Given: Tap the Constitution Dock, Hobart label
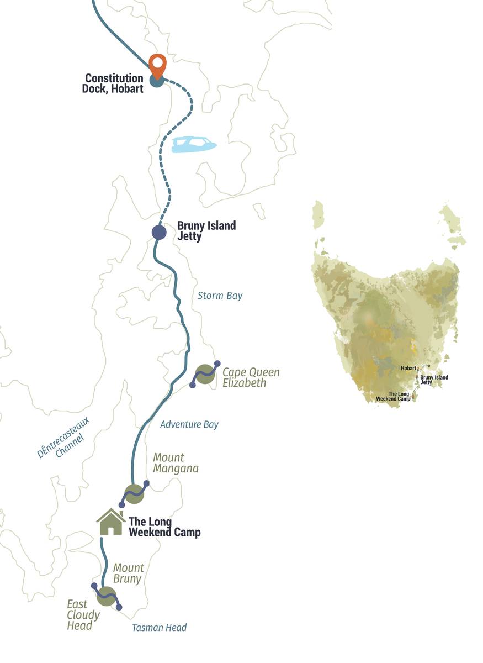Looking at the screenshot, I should tap(114, 83).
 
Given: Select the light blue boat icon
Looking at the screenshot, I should tap(194, 145).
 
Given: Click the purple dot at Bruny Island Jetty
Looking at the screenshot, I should tap(159, 233).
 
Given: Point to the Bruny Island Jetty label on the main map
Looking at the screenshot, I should tap(206, 231).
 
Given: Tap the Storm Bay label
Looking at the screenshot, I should tap(220, 296).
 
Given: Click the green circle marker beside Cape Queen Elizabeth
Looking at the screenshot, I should tap(205, 374).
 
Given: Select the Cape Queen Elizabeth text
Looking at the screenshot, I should tap(251, 377).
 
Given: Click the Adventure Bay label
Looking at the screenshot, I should tap(189, 424).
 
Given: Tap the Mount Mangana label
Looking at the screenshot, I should tap(175, 463).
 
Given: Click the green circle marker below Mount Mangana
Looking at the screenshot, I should tap(134, 494).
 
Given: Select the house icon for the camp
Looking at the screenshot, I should tap(111, 523).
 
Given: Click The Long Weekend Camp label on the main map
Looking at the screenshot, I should tap(164, 527).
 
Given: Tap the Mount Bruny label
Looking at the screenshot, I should tap(128, 573).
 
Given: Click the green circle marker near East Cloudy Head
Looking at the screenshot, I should tap(107, 597).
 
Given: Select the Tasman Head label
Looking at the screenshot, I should tap(159, 628).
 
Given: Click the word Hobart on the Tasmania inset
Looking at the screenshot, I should tap(408, 367).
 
